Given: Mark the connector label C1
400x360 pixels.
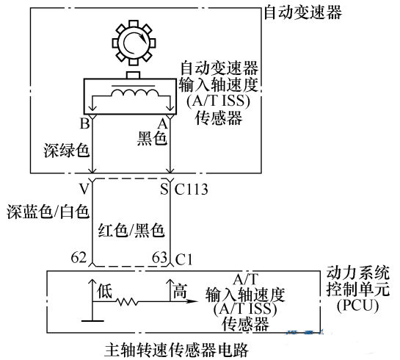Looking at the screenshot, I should [183, 259].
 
